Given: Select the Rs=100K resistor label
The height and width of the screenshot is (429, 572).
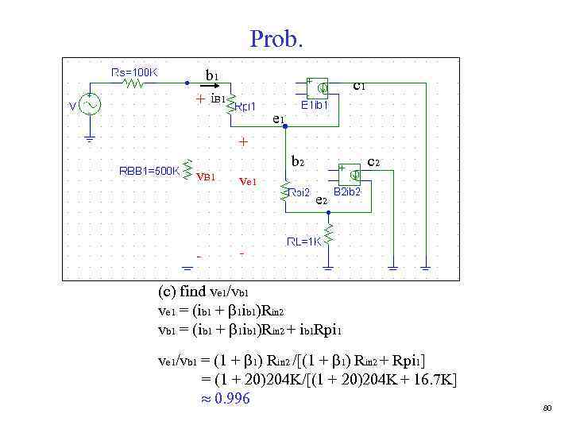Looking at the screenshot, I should (x=134, y=71).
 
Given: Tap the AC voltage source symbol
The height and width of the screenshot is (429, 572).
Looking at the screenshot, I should (x=88, y=105).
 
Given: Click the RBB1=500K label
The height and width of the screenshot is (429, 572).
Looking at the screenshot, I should (x=149, y=169).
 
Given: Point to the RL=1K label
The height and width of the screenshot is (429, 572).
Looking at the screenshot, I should (x=303, y=242).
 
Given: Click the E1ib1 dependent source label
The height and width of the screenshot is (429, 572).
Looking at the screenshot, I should (x=319, y=103).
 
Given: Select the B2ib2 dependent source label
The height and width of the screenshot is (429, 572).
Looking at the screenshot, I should (x=346, y=191).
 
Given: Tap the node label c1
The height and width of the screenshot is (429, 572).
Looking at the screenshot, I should (x=359, y=83).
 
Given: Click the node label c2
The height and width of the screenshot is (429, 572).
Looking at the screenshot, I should (x=373, y=161).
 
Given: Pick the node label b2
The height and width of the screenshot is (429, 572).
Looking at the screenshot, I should (x=297, y=161).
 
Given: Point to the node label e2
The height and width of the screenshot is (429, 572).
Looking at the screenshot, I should (x=321, y=200).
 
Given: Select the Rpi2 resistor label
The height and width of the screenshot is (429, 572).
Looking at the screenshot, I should (x=299, y=192).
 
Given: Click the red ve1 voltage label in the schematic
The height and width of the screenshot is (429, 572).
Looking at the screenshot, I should (x=248, y=181).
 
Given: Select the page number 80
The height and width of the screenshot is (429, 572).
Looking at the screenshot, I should (x=547, y=408).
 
